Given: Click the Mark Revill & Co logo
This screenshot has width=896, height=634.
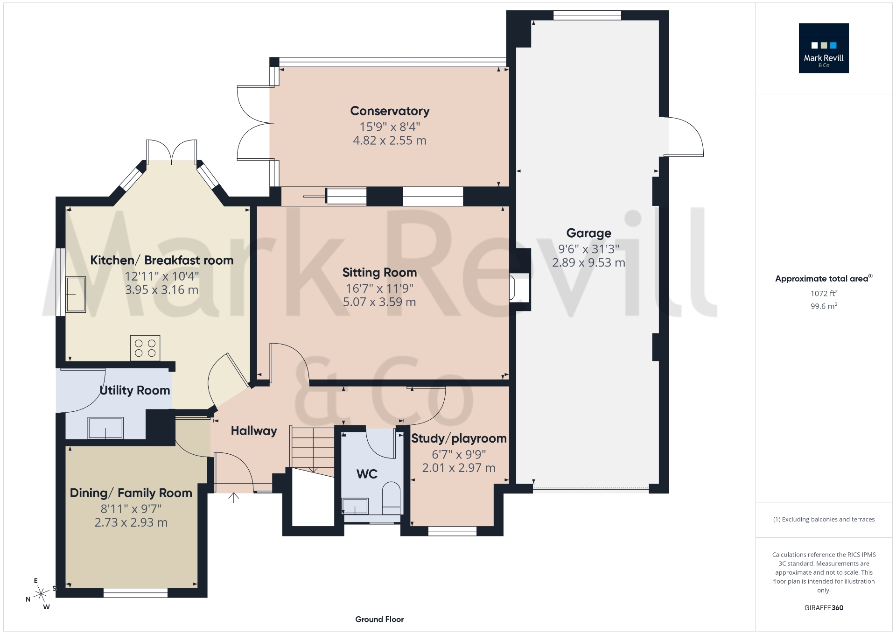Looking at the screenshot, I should coord(823,48).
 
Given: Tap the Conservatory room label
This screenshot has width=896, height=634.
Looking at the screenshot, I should coord(390,111).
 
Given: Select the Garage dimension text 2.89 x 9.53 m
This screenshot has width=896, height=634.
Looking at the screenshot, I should coord(588,263).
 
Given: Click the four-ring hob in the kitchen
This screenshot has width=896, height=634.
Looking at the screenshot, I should coord(145,348).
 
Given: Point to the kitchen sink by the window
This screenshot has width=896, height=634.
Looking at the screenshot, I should coord(76,294).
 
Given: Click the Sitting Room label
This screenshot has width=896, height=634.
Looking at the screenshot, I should coord(379,273).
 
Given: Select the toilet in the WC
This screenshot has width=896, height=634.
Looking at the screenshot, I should coord(391,498).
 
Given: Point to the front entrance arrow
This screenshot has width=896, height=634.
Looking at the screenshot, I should coord(233,498).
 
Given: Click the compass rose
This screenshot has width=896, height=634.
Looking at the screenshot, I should coord(42,594).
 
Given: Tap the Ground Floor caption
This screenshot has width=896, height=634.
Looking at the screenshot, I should coord(379,620).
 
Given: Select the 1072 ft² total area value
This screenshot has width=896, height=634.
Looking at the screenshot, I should coord(824,294).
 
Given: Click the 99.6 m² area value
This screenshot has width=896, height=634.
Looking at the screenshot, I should coord(824,306).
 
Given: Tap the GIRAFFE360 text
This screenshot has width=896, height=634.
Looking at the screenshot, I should coord(824,608).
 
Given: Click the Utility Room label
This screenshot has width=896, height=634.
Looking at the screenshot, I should coord(135,390).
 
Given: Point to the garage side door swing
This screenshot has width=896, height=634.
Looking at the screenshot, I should coord(683,137).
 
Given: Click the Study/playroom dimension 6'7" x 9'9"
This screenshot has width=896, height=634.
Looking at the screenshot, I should coord(459,454).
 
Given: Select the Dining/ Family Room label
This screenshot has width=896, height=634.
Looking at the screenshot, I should coord(131,493).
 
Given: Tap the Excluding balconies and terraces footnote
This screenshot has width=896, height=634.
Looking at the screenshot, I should coord(824,520).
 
